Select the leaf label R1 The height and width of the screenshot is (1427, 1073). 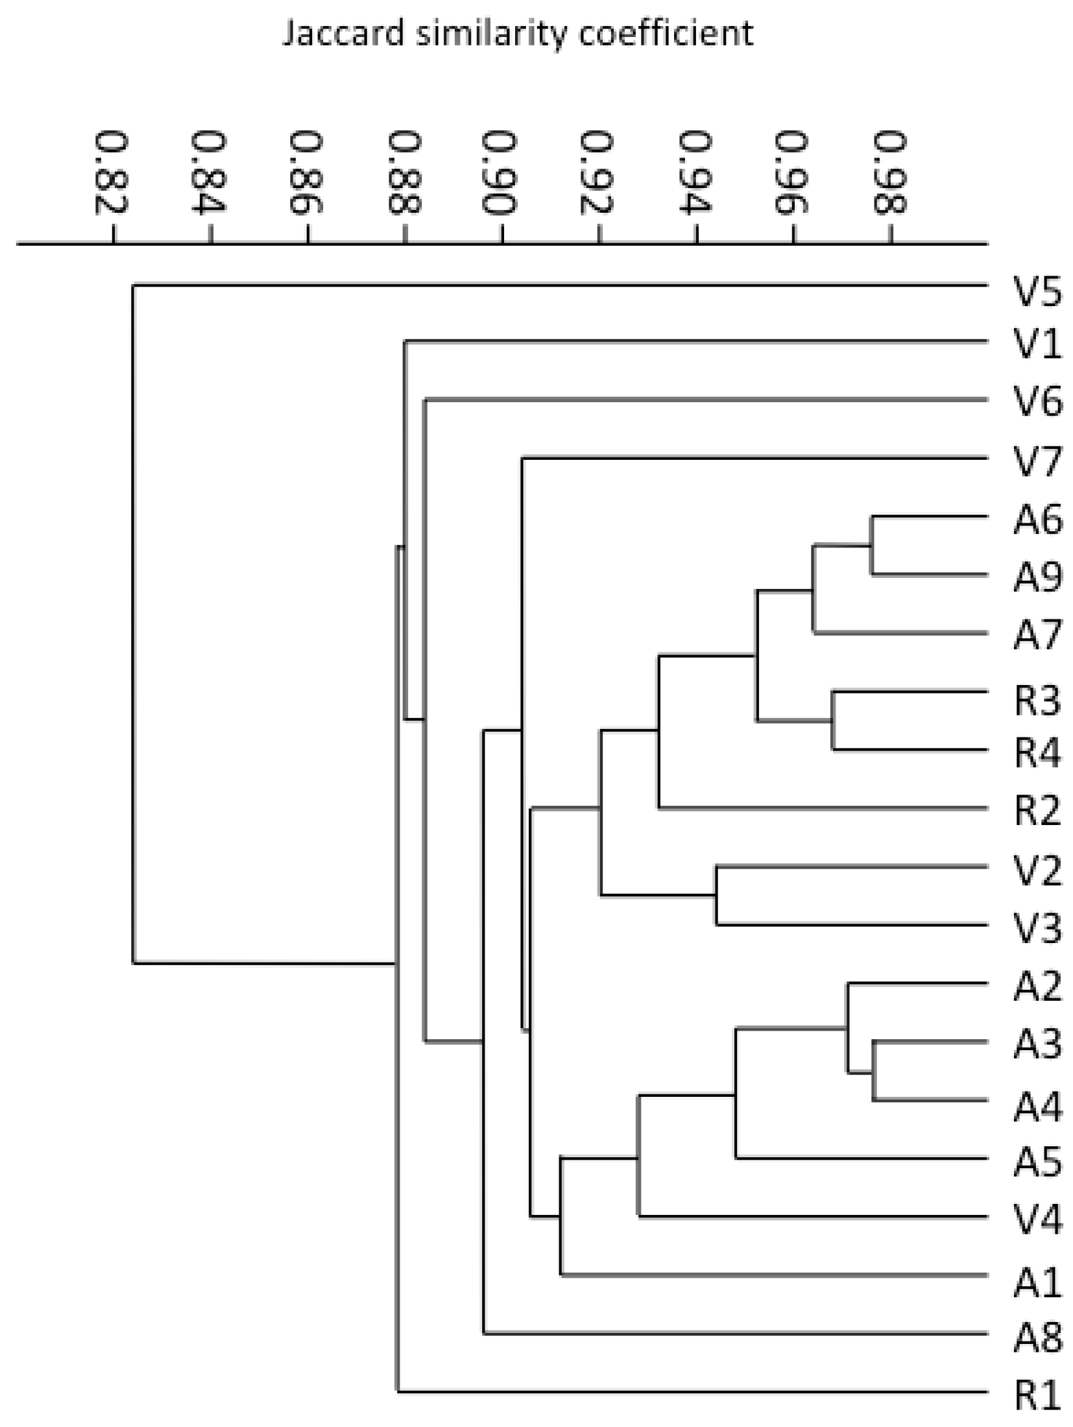click(1037, 1394)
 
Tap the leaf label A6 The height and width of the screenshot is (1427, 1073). click(1037, 520)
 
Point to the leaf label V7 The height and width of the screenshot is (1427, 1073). click(1037, 462)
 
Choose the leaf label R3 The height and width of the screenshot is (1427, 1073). click(1037, 701)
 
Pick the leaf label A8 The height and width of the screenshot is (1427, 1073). click(1037, 1337)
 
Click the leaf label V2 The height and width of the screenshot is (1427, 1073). click(1037, 870)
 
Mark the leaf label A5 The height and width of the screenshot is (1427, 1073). click(1037, 1161)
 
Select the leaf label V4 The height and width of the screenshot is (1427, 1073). click(1037, 1219)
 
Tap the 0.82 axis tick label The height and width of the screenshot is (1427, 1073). click(112, 173)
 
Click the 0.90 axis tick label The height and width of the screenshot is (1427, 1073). click(500, 173)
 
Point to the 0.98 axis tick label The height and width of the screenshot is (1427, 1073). click(889, 173)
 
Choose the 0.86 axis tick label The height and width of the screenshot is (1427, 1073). click(306, 173)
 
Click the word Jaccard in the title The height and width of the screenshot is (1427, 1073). click(344, 34)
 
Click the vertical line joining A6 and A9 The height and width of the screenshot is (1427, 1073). click(873, 546)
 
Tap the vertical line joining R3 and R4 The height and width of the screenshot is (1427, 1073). click(834, 721)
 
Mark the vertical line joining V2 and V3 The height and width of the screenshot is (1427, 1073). click(717, 895)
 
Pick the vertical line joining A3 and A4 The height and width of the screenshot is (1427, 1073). click(874, 1072)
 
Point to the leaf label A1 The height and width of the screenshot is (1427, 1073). click(1037, 1278)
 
